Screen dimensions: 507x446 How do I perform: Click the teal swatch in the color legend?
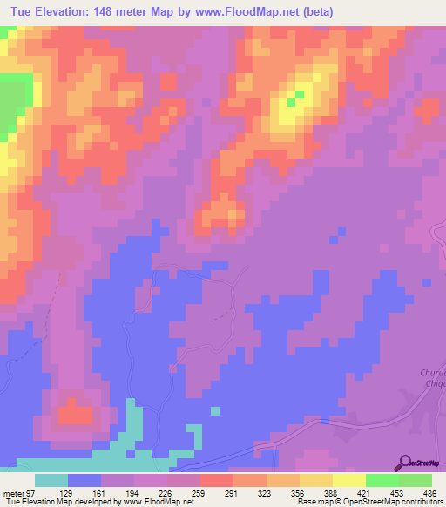(51, 480)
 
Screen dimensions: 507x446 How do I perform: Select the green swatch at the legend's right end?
(416, 480)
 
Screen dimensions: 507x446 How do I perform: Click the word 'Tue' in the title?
(21, 11)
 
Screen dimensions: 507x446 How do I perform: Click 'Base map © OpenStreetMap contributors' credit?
(369, 503)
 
